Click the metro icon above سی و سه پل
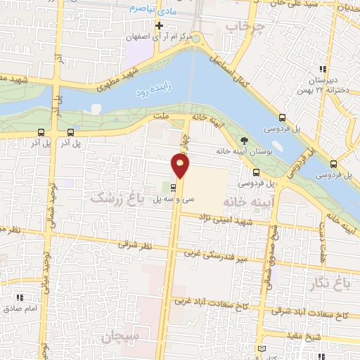click(x=173, y=187)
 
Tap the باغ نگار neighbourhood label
click(x=328, y=283)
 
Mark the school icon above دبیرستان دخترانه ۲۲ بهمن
click(x=322, y=69)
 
